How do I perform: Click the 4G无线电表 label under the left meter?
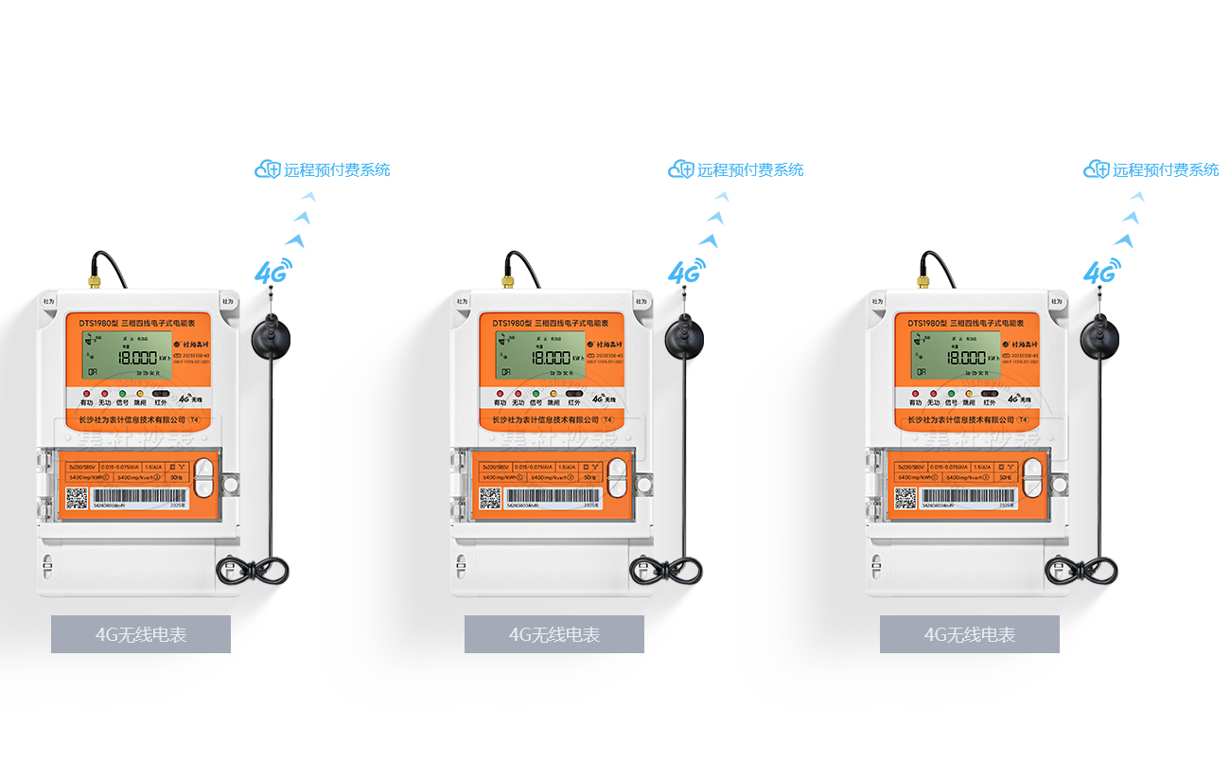tap(141, 634)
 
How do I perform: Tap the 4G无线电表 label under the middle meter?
tap(554, 634)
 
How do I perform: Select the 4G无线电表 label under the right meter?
tap(970, 634)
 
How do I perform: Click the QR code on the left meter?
tap(78, 498)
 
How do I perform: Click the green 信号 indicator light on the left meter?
tap(122, 394)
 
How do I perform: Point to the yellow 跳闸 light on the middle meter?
tap(553, 394)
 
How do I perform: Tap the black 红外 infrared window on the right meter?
tap(990, 394)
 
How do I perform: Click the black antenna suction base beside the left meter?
tap(270, 337)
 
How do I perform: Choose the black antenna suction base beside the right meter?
tap(1098, 337)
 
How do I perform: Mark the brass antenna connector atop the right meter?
tap(921, 281)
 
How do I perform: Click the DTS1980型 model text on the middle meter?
tap(511, 323)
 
